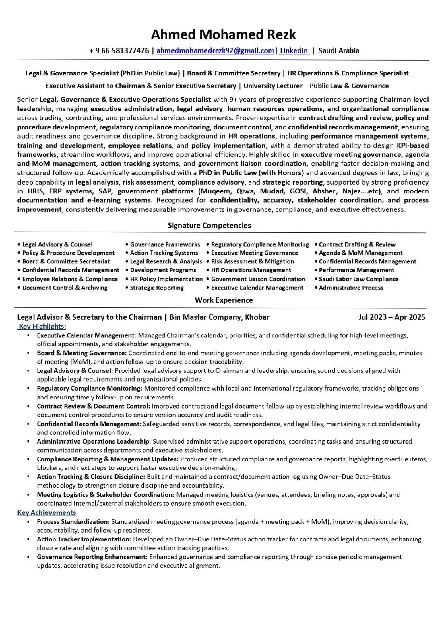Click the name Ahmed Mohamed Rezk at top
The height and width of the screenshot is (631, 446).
pos(223,35)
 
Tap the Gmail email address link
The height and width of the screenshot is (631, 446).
pos(215,51)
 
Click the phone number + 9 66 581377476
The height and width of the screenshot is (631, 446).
pos(118,51)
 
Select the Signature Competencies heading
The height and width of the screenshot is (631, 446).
pos(209,225)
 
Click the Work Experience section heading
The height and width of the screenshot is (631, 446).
pos(223,300)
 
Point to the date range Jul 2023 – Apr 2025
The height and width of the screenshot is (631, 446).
pos(392,317)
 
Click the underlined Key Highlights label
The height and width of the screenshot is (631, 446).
pos(42,326)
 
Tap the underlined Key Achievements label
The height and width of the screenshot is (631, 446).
pos(47,513)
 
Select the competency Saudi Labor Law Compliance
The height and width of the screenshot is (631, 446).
pos(358,279)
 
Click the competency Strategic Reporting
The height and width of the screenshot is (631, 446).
pos(157,288)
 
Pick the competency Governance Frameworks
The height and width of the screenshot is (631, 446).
pos(165,244)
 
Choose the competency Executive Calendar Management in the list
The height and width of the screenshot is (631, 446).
pos(257,288)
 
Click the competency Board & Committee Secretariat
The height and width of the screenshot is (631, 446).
pos(66,262)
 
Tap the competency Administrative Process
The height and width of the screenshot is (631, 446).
pos(351,288)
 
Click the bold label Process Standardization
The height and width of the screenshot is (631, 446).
pos(73,521)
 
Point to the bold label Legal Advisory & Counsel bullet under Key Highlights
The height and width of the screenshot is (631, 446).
pos(74,371)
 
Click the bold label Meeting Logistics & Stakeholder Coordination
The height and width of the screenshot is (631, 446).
pos(105,495)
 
